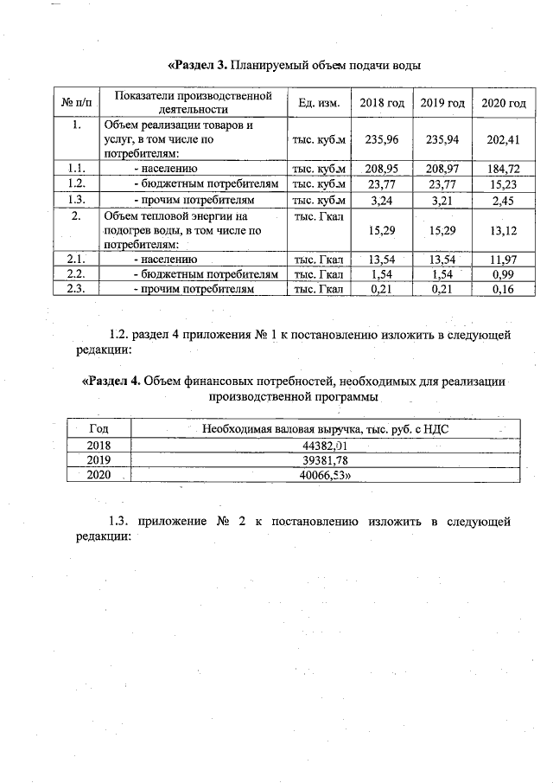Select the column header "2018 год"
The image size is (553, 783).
382,103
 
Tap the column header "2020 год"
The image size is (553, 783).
503,103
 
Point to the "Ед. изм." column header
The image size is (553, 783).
319,103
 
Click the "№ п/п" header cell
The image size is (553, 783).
77,103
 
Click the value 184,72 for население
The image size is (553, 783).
503,169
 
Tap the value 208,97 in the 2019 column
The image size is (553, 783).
442,169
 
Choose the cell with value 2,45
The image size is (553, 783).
503,200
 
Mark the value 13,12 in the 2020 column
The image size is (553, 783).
503,231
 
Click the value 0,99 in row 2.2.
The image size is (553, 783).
503,274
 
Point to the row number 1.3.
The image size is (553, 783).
77,200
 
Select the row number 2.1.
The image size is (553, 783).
77,259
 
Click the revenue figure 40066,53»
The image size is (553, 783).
325,475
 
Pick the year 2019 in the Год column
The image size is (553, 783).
99,460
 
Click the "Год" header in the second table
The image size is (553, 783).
99,428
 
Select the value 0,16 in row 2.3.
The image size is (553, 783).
503,290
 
